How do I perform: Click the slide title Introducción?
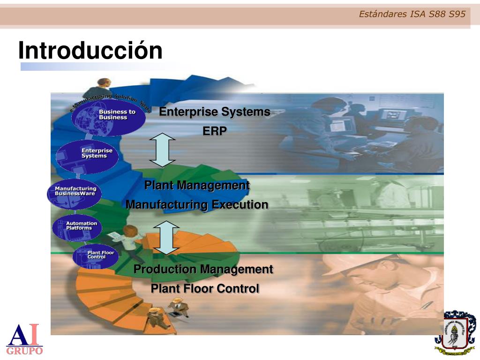pos(90,51)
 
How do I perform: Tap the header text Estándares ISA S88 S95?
pos(412,14)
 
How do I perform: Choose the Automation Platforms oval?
pos(77,227)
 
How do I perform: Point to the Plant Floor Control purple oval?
pos(96,256)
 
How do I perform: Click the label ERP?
pos(214,131)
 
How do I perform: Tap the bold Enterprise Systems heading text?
pos(214,112)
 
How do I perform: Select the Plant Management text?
pos(197,186)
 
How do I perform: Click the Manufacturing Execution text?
pos(197,205)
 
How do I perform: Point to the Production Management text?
pos(203,270)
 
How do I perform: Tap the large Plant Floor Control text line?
pos(204,289)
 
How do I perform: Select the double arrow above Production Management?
pos(166,238)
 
